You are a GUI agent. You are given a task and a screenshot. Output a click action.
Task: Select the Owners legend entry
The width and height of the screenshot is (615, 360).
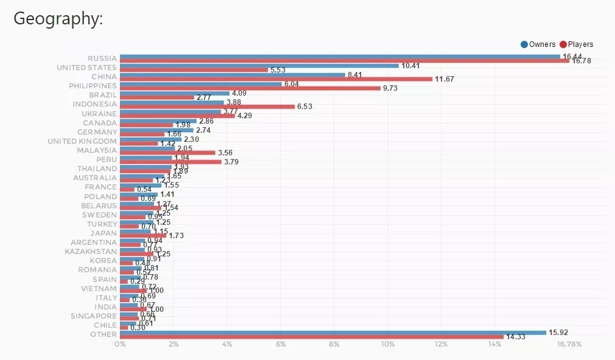click(538, 44)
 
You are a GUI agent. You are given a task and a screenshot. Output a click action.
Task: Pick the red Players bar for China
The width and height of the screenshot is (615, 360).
click(276, 79)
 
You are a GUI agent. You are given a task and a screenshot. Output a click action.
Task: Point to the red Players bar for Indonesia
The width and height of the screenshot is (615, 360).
click(208, 107)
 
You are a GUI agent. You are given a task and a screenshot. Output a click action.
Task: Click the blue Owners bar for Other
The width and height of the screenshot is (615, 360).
click(332, 333)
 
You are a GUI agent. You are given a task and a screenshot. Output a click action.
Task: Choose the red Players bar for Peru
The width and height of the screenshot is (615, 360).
click(170, 162)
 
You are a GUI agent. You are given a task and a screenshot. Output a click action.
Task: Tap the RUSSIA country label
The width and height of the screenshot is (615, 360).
click(102, 58)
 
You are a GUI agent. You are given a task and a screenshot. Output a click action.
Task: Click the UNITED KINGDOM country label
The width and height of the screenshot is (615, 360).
click(82, 141)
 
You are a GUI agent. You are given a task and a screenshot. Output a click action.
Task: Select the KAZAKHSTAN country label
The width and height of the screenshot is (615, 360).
click(91, 252)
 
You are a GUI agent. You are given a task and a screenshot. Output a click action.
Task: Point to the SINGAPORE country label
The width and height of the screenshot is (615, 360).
click(94, 316)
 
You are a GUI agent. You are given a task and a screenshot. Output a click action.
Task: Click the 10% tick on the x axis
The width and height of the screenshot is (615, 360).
click(388, 345)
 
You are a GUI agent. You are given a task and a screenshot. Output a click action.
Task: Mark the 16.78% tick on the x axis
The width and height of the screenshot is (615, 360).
click(569, 345)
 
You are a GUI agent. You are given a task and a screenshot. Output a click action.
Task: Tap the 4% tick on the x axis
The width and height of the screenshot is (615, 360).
click(227, 345)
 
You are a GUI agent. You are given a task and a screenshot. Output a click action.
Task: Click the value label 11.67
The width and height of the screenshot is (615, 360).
click(445, 79)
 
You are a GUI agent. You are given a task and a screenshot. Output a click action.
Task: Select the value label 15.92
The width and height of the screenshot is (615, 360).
click(558, 333)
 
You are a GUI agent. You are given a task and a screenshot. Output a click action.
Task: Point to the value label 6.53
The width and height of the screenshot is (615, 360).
click(306, 107)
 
